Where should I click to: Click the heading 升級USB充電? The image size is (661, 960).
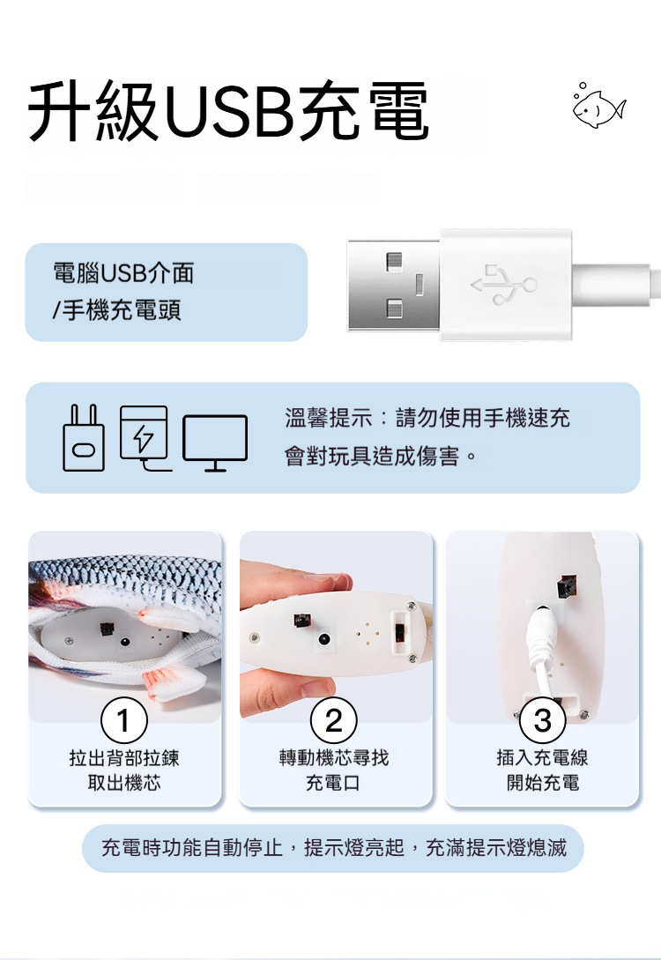coord(228,111)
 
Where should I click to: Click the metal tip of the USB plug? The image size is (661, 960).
coord(394,286)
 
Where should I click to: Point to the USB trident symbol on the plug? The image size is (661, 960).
coord(504,285)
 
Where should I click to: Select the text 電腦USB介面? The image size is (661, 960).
coord(123,273)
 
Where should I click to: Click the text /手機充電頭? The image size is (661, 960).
coord(117,310)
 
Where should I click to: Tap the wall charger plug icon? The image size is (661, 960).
coord(84,437)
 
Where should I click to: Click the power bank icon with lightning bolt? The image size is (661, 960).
coord(145,437)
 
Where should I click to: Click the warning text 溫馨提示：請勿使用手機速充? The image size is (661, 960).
coord(427,418)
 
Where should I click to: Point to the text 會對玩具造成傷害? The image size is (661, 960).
coord(372,456)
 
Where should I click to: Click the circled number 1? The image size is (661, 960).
coord(124,720)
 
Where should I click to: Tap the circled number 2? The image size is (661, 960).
coord(333,720)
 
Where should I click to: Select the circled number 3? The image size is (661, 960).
coord(543,720)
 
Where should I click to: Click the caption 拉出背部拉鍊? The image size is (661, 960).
coord(124,758)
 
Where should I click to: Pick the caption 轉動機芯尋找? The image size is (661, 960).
coord(333,758)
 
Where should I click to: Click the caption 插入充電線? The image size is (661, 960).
coord(543,758)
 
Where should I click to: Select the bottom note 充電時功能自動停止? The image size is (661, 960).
coord(192,848)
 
